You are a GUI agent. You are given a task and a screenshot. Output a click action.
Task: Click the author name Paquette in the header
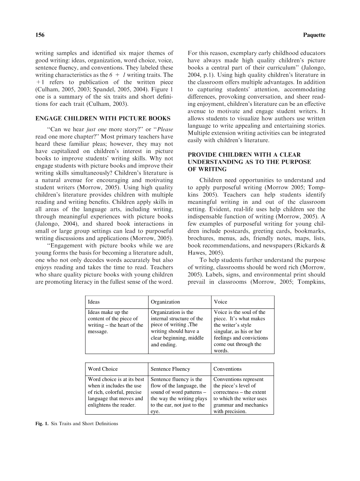pyautogui.click(x=314, y=35)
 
